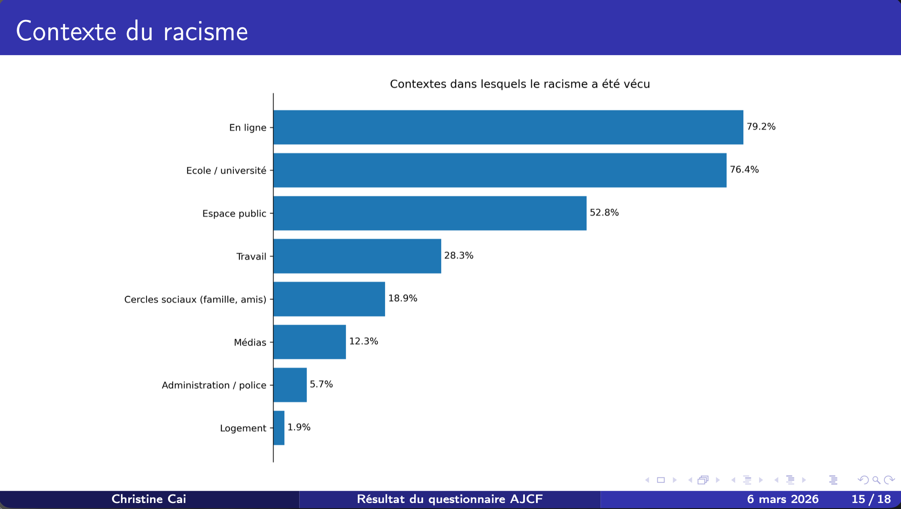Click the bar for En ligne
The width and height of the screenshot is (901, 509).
[508, 127]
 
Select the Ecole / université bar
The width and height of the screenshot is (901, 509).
[500, 170]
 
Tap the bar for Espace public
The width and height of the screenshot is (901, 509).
[430, 213]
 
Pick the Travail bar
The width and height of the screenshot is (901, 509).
[357, 256]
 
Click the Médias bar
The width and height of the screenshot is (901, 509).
[309, 342]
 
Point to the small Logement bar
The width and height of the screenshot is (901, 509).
[279, 428]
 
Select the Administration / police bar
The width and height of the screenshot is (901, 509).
[290, 385]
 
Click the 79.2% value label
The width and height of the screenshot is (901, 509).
[761, 127]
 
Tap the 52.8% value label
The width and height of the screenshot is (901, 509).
[604, 213]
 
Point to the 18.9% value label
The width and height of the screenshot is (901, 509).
[403, 298]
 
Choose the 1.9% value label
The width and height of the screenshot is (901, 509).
[299, 427]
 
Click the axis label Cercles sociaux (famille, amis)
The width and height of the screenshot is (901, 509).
[195, 299]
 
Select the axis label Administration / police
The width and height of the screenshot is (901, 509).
[214, 385]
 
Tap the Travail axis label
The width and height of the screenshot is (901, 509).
[251, 257]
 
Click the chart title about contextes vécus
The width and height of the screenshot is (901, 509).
[520, 84]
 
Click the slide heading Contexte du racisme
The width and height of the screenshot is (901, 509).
[132, 31]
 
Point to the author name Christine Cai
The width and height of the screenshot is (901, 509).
[149, 499]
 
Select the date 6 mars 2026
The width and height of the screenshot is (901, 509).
[783, 499]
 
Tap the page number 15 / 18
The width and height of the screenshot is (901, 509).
[871, 499]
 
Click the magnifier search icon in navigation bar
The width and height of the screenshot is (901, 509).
[876, 480]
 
